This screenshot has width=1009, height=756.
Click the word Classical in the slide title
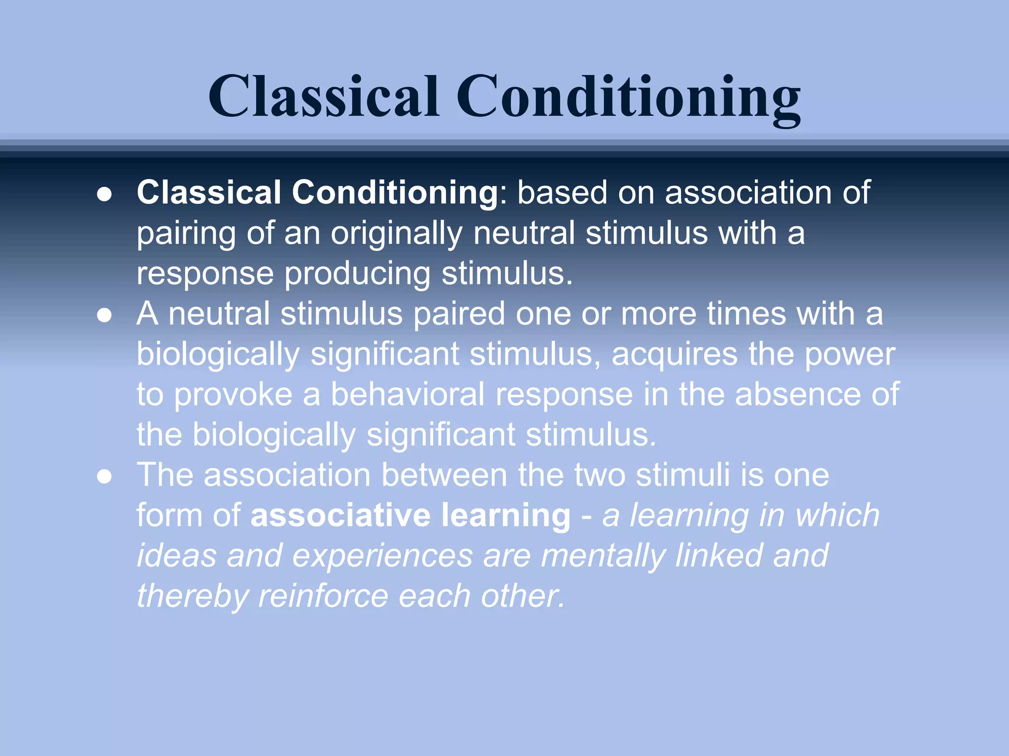click(323, 96)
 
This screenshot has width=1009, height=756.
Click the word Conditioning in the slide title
click(628, 96)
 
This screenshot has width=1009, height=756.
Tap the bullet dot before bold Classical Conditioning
click(104, 194)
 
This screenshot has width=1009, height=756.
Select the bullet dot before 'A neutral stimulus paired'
click(104, 315)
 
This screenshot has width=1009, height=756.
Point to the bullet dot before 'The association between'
click(104, 476)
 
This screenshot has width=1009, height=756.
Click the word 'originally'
click(396, 233)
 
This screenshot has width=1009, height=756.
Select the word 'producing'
click(357, 274)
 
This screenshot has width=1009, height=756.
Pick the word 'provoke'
click(233, 395)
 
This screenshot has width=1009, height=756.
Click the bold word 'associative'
click(340, 516)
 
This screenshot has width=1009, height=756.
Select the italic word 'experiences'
click(382, 556)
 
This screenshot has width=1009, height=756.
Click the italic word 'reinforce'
click(323, 597)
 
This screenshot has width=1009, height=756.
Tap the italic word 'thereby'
click(192, 597)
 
